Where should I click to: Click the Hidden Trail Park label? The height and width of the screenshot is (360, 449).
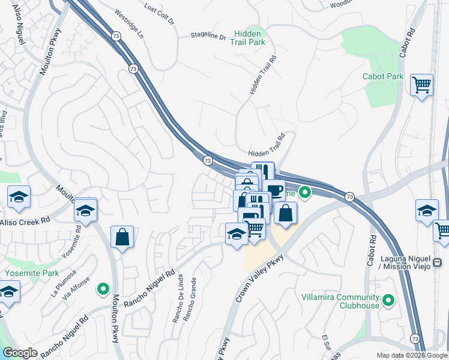[250, 38]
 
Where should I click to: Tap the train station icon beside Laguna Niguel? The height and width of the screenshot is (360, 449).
[438, 262]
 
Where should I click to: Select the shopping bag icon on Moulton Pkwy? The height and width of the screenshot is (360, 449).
[122, 237]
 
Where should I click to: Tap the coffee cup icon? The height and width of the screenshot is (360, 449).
[274, 190]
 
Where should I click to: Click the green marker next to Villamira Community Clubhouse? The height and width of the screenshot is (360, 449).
[388, 299]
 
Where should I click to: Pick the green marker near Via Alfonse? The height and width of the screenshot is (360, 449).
[103, 289]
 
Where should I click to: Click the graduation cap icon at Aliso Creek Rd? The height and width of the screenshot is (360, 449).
[86, 211]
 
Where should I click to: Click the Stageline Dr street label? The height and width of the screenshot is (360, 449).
[208, 37]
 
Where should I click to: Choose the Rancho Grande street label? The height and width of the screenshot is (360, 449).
[191, 300]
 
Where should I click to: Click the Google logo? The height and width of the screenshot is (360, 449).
[19, 353]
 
